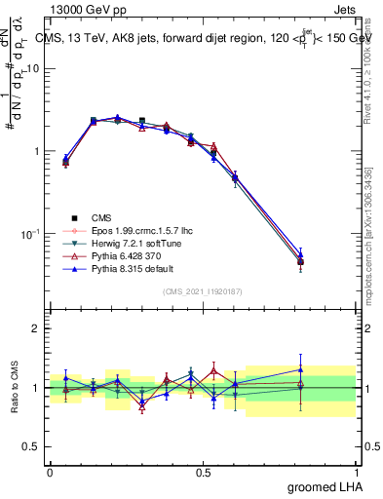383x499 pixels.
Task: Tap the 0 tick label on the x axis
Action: coord(50,471)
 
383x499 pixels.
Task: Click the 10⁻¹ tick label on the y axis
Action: coord(30,234)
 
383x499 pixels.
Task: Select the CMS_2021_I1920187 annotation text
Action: coord(202,291)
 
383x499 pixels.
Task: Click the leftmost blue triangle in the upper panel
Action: coord(65,158)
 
